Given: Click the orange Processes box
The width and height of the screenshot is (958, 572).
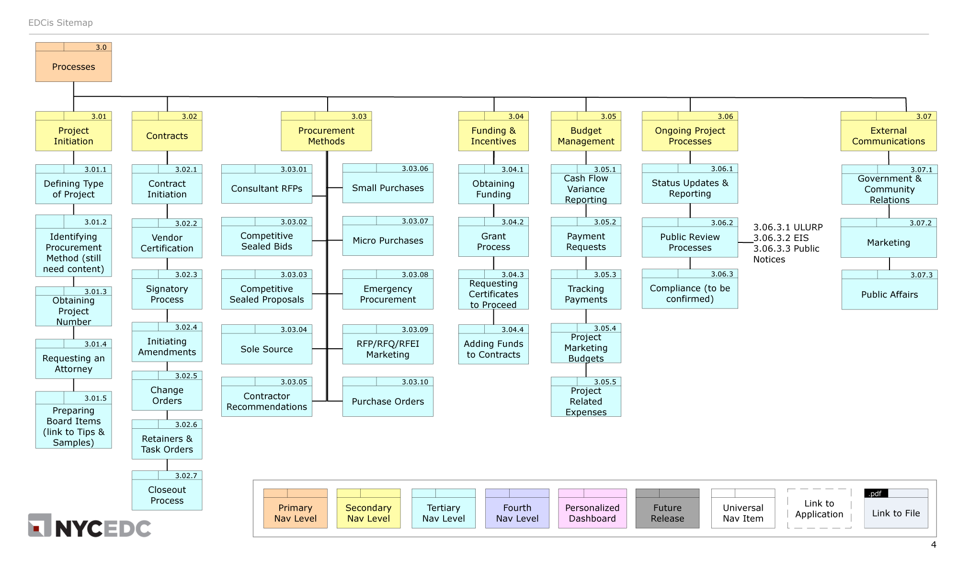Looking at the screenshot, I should click(73, 66).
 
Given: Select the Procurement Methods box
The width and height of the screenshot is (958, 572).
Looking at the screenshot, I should click(326, 136).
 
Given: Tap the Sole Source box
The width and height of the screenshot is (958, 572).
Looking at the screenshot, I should click(266, 349).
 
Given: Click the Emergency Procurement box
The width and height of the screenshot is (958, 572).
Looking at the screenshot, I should click(388, 294).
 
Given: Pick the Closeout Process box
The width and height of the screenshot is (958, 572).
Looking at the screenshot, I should click(167, 495).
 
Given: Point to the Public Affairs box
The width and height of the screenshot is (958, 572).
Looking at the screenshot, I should click(889, 295).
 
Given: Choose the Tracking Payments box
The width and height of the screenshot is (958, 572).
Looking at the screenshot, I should click(586, 294).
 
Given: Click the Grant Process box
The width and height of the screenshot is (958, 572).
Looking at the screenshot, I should click(493, 241).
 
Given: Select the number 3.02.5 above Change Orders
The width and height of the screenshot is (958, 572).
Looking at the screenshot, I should click(186, 376).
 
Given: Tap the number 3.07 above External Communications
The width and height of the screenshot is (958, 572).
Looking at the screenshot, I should click(924, 116).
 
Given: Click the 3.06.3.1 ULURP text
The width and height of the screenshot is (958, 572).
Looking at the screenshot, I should click(788, 227).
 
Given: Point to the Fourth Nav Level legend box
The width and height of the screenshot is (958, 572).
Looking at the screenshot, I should click(517, 513).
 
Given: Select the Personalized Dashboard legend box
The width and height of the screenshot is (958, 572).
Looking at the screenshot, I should click(592, 513).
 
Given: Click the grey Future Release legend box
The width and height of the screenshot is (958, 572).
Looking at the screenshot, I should click(667, 513).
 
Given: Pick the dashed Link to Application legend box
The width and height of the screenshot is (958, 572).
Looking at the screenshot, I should click(819, 509).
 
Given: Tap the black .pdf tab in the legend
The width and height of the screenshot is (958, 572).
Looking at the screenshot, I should click(876, 493).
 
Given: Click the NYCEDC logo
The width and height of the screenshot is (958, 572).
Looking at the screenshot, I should click(90, 526).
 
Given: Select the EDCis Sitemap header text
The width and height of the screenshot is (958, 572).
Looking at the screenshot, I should click(60, 23).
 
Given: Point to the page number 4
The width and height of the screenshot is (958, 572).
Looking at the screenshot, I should click(933, 545).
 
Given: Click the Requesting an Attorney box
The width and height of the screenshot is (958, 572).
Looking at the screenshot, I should click(73, 364).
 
